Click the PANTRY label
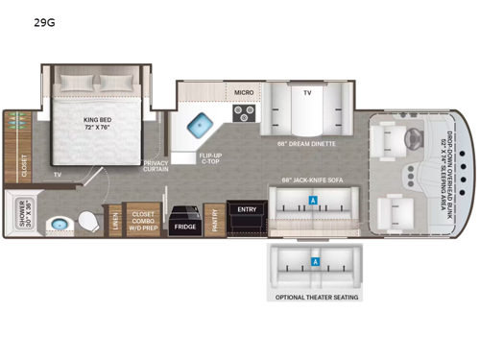[x=213, y=222]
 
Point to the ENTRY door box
[x=247, y=210]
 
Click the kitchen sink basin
[x=201, y=125]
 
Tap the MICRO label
[x=244, y=93]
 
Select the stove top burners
[x=244, y=112]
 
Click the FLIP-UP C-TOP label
[x=212, y=156]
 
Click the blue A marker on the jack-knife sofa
[x=313, y=199]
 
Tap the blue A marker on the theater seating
[x=315, y=262]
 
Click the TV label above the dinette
[x=307, y=93]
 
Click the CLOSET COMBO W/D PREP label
[x=144, y=222]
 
